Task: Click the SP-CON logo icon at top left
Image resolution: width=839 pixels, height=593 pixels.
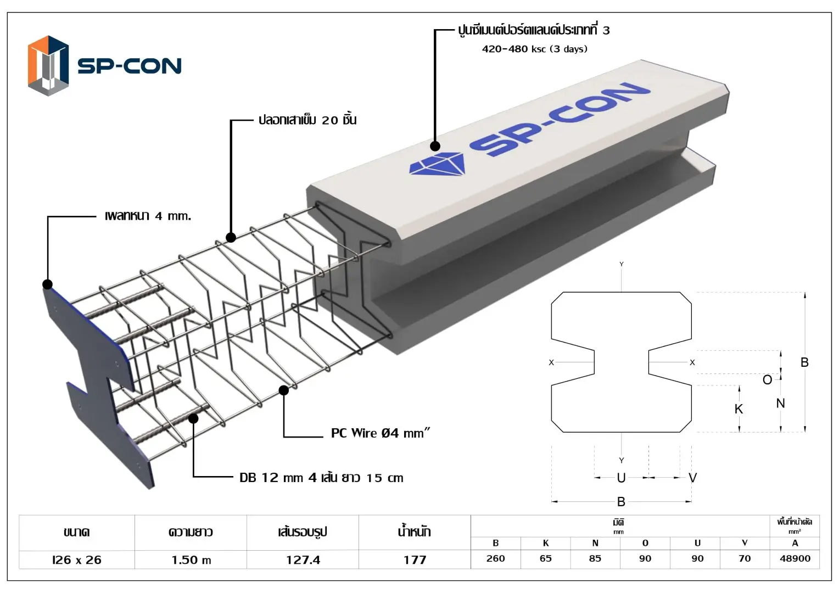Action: [x=48, y=66]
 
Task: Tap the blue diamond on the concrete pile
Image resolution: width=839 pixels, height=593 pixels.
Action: [x=437, y=165]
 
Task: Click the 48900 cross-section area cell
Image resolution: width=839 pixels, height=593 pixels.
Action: [x=795, y=558]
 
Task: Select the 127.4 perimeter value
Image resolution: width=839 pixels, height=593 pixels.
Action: [x=303, y=560]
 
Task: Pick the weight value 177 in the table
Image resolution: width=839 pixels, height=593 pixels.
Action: [x=415, y=560]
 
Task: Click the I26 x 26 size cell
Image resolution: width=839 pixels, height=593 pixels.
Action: [x=77, y=560]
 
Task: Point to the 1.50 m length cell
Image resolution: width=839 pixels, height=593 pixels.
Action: [x=191, y=560]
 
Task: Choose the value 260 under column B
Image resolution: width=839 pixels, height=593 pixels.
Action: [x=495, y=558]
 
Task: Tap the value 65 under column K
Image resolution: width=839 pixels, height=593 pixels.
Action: [x=545, y=558]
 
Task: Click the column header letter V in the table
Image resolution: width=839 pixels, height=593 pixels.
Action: [x=744, y=542]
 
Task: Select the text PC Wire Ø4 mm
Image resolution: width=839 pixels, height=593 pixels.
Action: [x=380, y=433]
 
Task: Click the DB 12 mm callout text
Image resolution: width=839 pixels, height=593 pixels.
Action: [x=321, y=478]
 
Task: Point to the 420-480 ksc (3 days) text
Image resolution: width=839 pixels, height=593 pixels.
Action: [x=534, y=49]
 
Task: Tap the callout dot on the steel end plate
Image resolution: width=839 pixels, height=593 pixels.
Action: [x=48, y=284]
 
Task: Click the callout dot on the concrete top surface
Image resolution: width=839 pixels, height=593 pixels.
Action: [x=435, y=146]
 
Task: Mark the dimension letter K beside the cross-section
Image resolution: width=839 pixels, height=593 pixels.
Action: [x=739, y=409]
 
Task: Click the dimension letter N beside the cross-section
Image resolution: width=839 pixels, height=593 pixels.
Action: [x=780, y=403]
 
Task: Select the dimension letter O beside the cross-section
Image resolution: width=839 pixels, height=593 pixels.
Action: [x=767, y=379]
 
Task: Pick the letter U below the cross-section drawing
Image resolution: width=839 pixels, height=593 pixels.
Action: [x=621, y=478]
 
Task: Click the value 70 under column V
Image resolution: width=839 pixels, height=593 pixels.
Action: [x=744, y=558]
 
